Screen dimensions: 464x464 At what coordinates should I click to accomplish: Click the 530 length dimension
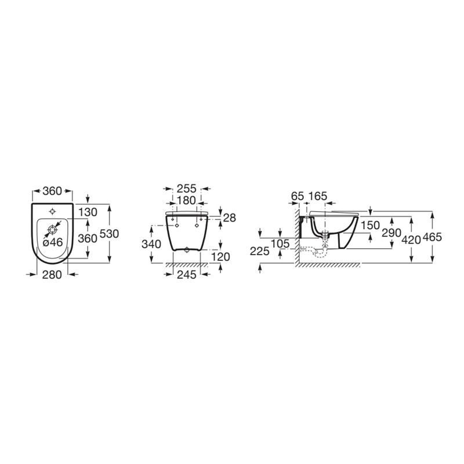[x=109, y=234]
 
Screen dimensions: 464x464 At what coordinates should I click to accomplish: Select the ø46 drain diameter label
[x=53, y=242]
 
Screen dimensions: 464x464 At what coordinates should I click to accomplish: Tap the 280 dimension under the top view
[x=52, y=275]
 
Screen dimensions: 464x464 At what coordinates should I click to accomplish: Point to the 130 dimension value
[x=88, y=212]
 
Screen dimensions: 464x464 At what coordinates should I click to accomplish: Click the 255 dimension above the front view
[x=186, y=188]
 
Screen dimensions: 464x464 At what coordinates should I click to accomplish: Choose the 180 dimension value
[x=186, y=200]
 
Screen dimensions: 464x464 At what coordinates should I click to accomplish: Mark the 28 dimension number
[x=230, y=218]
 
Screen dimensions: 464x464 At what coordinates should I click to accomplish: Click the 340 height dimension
[x=151, y=244]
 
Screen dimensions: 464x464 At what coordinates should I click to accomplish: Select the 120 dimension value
[x=221, y=256]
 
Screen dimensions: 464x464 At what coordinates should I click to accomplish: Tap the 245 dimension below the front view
[x=187, y=275]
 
